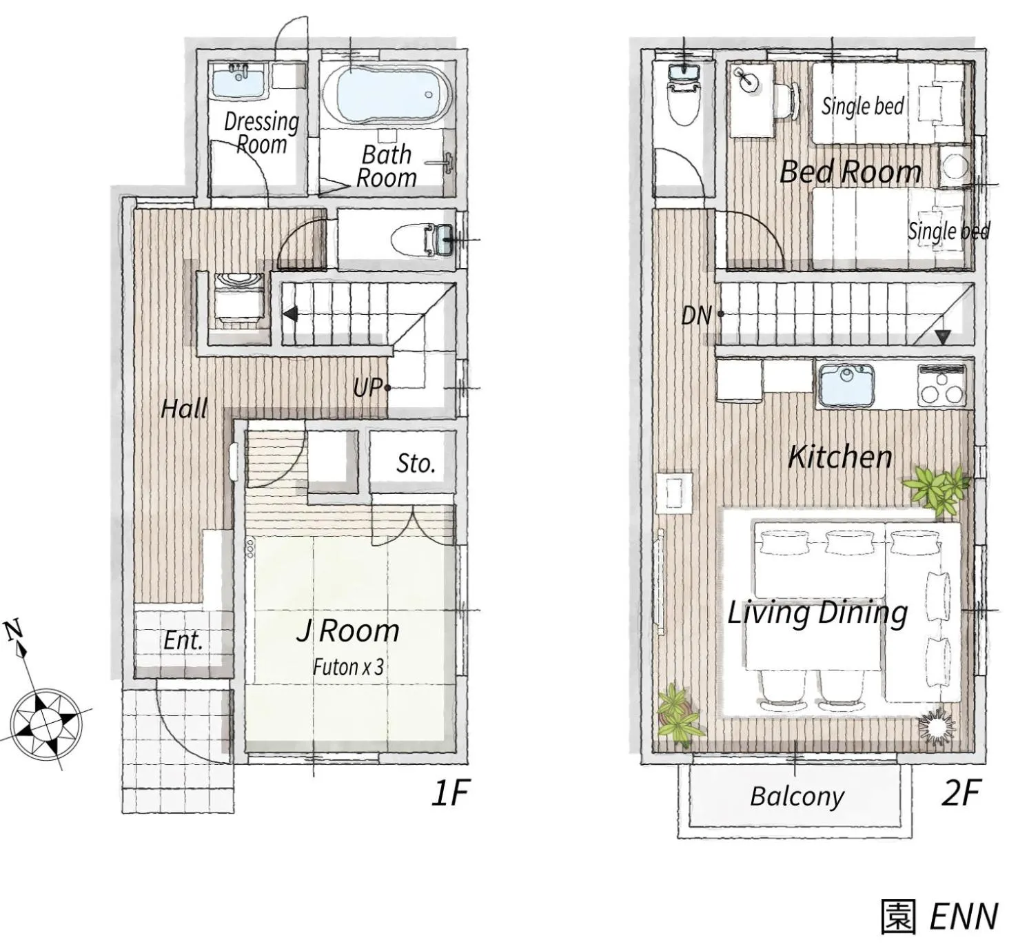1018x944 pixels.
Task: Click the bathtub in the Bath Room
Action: click(x=386, y=94)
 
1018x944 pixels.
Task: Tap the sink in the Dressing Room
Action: click(x=238, y=80)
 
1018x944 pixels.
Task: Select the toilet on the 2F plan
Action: click(x=684, y=96)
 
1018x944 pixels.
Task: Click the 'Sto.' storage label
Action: click(x=416, y=464)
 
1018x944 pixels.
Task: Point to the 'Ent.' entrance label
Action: click(x=183, y=640)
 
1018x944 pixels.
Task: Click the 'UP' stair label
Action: click(x=367, y=387)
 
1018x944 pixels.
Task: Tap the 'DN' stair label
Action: click(x=696, y=316)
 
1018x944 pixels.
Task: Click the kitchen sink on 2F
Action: click(x=846, y=384)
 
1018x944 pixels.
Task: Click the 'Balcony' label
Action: click(x=797, y=797)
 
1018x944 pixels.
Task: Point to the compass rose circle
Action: click(x=46, y=724)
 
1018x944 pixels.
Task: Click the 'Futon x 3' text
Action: click(x=348, y=667)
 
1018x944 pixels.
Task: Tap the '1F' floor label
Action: click(x=450, y=793)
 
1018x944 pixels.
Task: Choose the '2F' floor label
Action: click(x=960, y=793)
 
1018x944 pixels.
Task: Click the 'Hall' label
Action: click(x=184, y=409)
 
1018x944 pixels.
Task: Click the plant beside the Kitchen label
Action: click(x=937, y=488)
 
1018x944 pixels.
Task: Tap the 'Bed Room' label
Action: click(x=850, y=172)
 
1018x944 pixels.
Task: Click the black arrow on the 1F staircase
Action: click(x=291, y=314)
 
